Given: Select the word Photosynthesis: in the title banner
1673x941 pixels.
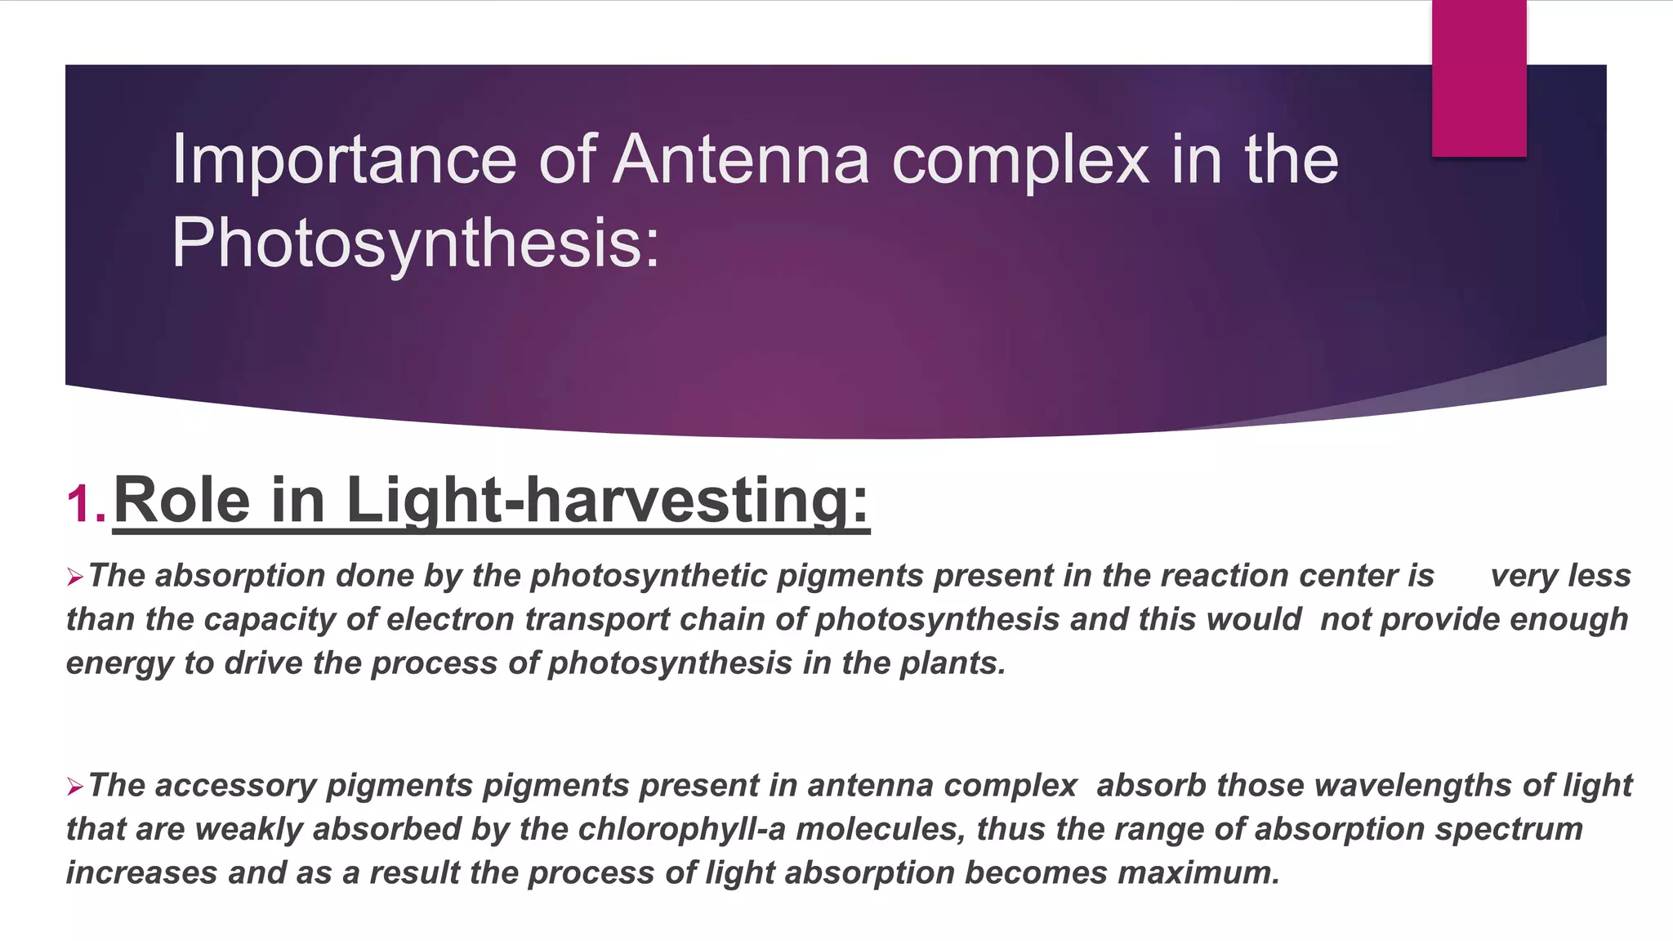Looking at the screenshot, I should click(415, 243).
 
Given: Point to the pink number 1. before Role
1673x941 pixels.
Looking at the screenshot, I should click(87, 503).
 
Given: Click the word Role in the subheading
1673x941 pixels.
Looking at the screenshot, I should click(181, 500).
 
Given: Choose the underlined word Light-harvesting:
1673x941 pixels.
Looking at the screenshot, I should click(608, 500).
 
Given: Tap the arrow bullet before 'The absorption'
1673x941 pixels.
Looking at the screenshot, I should click(75, 578).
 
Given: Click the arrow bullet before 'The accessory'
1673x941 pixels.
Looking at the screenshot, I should click(75, 787).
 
